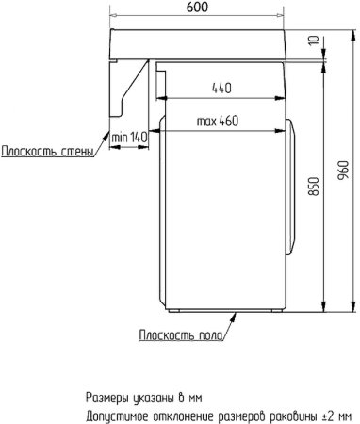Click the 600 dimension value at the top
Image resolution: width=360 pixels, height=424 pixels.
pos(198,8)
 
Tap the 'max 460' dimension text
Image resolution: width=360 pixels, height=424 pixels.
pos(217,122)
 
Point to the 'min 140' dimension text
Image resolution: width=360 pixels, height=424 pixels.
pos(130,138)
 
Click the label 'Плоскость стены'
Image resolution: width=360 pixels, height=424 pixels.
pos(46,153)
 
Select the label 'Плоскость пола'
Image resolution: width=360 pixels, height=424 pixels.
pos(182,334)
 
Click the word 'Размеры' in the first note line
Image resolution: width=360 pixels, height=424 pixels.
pos(109,397)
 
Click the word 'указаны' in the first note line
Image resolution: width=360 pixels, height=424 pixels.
pos(158,397)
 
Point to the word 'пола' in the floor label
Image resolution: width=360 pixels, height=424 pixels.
pos(209,334)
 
